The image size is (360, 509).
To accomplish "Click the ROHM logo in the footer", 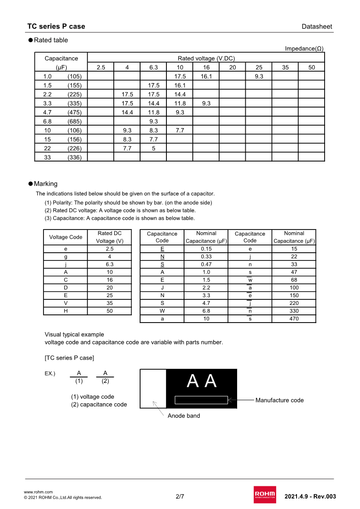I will pos(265,494).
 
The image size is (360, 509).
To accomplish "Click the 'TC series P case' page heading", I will pos(56,26).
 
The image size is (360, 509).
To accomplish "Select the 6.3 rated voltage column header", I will pos(154,68).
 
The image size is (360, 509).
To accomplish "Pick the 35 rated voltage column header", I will pos(285,68).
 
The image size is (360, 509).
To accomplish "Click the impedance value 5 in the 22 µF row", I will pos(154,148).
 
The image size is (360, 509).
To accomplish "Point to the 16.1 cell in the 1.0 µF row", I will pos(206,77).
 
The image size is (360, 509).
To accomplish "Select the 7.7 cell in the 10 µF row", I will pos(180,130).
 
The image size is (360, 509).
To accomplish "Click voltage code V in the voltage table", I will pos(66,303).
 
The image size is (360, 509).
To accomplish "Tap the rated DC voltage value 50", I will pos(110,311).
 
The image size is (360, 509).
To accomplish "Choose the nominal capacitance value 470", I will pos(294,318).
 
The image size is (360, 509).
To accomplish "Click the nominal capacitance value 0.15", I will pos(206,249).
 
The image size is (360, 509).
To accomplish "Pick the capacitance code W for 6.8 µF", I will pos(162,311).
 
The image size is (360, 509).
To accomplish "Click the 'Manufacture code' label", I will pos(279,400).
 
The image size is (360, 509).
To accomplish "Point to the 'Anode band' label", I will pos(184,416).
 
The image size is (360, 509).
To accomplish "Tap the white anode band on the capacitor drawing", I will pos(153,388).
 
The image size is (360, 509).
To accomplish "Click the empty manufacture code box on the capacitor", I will pos(201,400).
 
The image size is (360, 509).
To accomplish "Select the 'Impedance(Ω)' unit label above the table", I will pos(304,49).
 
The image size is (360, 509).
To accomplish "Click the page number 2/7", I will pos(180,496).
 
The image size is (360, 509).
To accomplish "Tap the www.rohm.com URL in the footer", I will pos(38,492).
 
